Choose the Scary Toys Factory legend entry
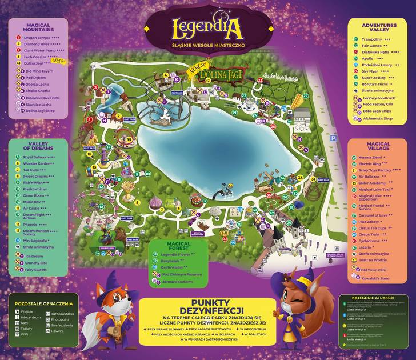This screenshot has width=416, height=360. point(376,170)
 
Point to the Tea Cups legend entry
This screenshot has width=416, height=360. point(34,170)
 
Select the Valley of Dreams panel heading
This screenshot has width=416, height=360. point(38,146)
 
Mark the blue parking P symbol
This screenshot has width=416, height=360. point(333,138)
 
